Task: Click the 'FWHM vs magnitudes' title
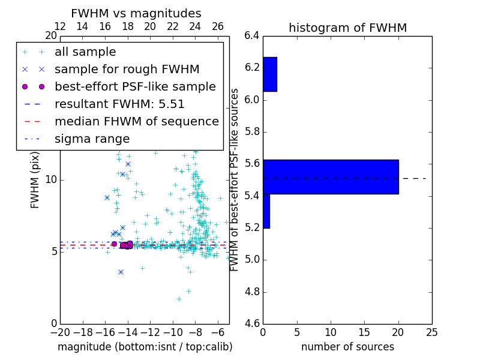(136, 13)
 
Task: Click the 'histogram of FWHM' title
(347, 28)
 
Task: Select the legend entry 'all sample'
(85, 52)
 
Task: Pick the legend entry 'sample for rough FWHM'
(127, 70)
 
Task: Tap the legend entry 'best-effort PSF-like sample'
(135, 87)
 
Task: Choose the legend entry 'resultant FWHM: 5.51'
(119, 104)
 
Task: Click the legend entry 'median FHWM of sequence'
(136, 122)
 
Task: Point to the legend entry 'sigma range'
(92, 139)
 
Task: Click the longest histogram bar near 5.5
(331, 176)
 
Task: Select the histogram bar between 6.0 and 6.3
(269, 74)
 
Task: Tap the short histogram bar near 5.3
(266, 211)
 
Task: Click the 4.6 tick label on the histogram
(252, 325)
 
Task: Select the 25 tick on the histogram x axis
(431, 332)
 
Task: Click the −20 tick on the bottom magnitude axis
(60, 332)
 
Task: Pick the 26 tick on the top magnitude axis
(218, 26)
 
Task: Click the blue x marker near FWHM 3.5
(121, 272)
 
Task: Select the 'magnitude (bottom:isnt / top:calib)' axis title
(145, 347)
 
